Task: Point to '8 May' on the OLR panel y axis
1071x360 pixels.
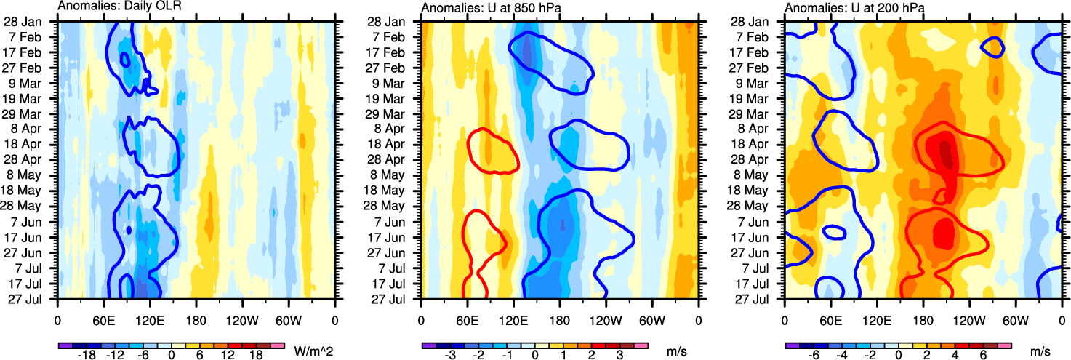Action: [32, 175]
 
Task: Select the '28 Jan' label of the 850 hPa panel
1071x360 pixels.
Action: [396, 21]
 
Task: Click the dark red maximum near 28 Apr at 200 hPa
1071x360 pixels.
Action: [945, 151]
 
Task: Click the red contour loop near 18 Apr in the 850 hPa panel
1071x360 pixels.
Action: [492, 151]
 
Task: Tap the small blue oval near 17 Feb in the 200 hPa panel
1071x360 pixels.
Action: [992, 47]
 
